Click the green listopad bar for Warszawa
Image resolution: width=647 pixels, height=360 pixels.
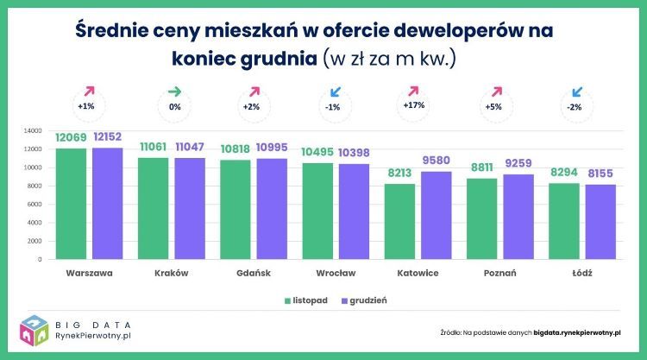pyautogui.click(x=70, y=203)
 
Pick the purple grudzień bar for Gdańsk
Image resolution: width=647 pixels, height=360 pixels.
pyautogui.click(x=273, y=208)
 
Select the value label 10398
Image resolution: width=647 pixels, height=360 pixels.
pyautogui.click(x=355, y=153)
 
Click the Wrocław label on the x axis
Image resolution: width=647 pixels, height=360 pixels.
pyautogui.click(x=336, y=273)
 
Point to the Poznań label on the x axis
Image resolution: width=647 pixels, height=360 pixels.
pyautogui.click(x=500, y=273)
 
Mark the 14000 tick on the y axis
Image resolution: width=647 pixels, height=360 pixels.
pyautogui.click(x=33, y=131)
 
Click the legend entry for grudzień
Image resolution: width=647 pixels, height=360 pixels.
pyautogui.click(x=363, y=300)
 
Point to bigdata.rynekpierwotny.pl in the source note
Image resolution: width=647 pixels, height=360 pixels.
pyautogui.click(x=577, y=331)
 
